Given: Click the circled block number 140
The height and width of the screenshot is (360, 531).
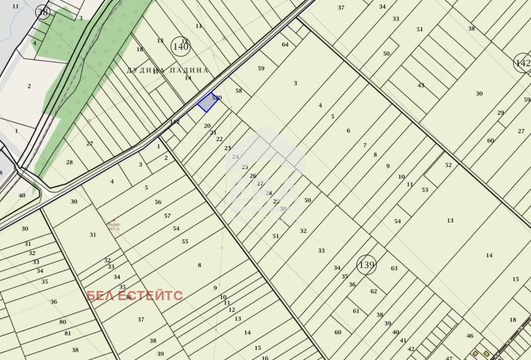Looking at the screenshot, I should tap(181, 46).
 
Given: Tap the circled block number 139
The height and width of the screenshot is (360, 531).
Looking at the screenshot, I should tap(366, 265).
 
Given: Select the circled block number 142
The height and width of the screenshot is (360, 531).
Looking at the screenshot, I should tap(523, 63).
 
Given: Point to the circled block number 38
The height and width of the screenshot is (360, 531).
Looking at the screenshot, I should tap(43, 12).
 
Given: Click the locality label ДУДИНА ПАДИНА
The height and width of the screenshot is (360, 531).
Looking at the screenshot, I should tap(167, 70).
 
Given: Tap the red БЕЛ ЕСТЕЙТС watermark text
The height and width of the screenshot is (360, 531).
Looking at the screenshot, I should tap(135, 296).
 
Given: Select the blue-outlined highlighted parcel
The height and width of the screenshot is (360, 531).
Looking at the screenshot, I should tap(207, 102).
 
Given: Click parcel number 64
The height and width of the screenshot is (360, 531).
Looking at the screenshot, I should tap(285, 45).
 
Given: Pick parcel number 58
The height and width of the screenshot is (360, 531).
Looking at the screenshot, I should tap(239, 91).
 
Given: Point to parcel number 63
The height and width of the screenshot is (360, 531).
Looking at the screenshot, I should tap(394, 268).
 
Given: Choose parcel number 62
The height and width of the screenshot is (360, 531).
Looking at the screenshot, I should tap(374, 291).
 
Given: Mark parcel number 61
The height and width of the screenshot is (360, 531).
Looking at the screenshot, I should tap(356, 311).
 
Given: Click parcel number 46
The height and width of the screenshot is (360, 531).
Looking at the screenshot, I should tap(470, 336).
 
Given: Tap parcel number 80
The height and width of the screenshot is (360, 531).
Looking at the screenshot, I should tap(63, 322).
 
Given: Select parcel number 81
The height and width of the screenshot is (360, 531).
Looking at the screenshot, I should tap(68, 333).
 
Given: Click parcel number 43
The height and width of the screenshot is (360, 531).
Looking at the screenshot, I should tap(421, 85).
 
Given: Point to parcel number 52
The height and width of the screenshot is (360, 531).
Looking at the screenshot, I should tap(449, 165).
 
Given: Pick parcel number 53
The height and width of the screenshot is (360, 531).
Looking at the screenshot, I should tap(425, 190).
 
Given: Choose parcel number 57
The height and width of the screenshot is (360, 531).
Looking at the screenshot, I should tap(167, 216).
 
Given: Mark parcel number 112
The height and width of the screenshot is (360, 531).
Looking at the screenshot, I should tap(175, 122).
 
